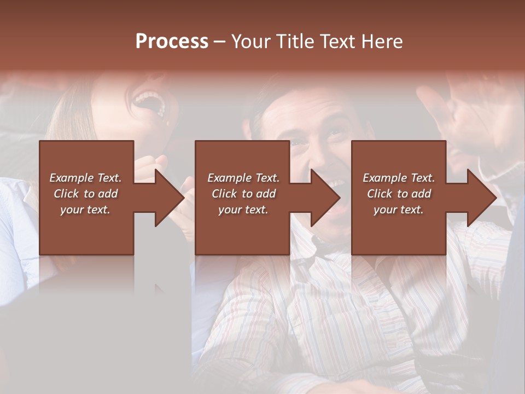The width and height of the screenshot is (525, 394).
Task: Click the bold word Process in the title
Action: (172, 42)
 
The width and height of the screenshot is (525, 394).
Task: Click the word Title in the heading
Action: (295, 42)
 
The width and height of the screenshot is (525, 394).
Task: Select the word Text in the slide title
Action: (339, 42)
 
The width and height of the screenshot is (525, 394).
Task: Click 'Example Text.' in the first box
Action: (85, 178)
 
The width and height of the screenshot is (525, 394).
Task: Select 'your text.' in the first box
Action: (85, 210)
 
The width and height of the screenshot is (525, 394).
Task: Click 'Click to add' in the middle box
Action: (243, 194)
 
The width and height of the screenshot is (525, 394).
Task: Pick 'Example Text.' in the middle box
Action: (243, 178)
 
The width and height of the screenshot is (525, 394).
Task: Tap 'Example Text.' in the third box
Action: (399, 178)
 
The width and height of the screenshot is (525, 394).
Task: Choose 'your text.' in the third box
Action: (399, 210)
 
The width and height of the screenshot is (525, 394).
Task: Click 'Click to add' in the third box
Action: (399, 194)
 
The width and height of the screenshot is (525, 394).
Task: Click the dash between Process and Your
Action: (219, 42)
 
